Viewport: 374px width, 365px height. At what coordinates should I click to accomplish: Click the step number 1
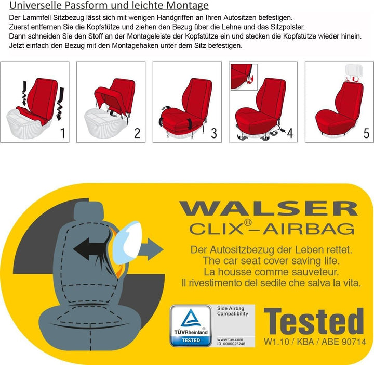click(63, 133)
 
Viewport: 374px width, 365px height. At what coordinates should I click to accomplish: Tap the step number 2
click(137, 133)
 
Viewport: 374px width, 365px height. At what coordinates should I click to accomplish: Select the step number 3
click(213, 133)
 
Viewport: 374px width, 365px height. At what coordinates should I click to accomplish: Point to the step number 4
click(290, 133)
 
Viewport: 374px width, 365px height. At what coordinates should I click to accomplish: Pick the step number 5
click(366, 133)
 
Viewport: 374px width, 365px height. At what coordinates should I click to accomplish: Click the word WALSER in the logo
click(269, 209)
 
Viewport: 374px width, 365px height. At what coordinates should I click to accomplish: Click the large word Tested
click(314, 322)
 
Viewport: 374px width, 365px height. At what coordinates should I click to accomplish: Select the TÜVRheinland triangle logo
click(191, 319)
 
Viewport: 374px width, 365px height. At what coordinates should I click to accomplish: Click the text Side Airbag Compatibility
click(232, 311)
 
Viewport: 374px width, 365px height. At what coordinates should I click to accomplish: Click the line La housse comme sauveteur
click(265, 272)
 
